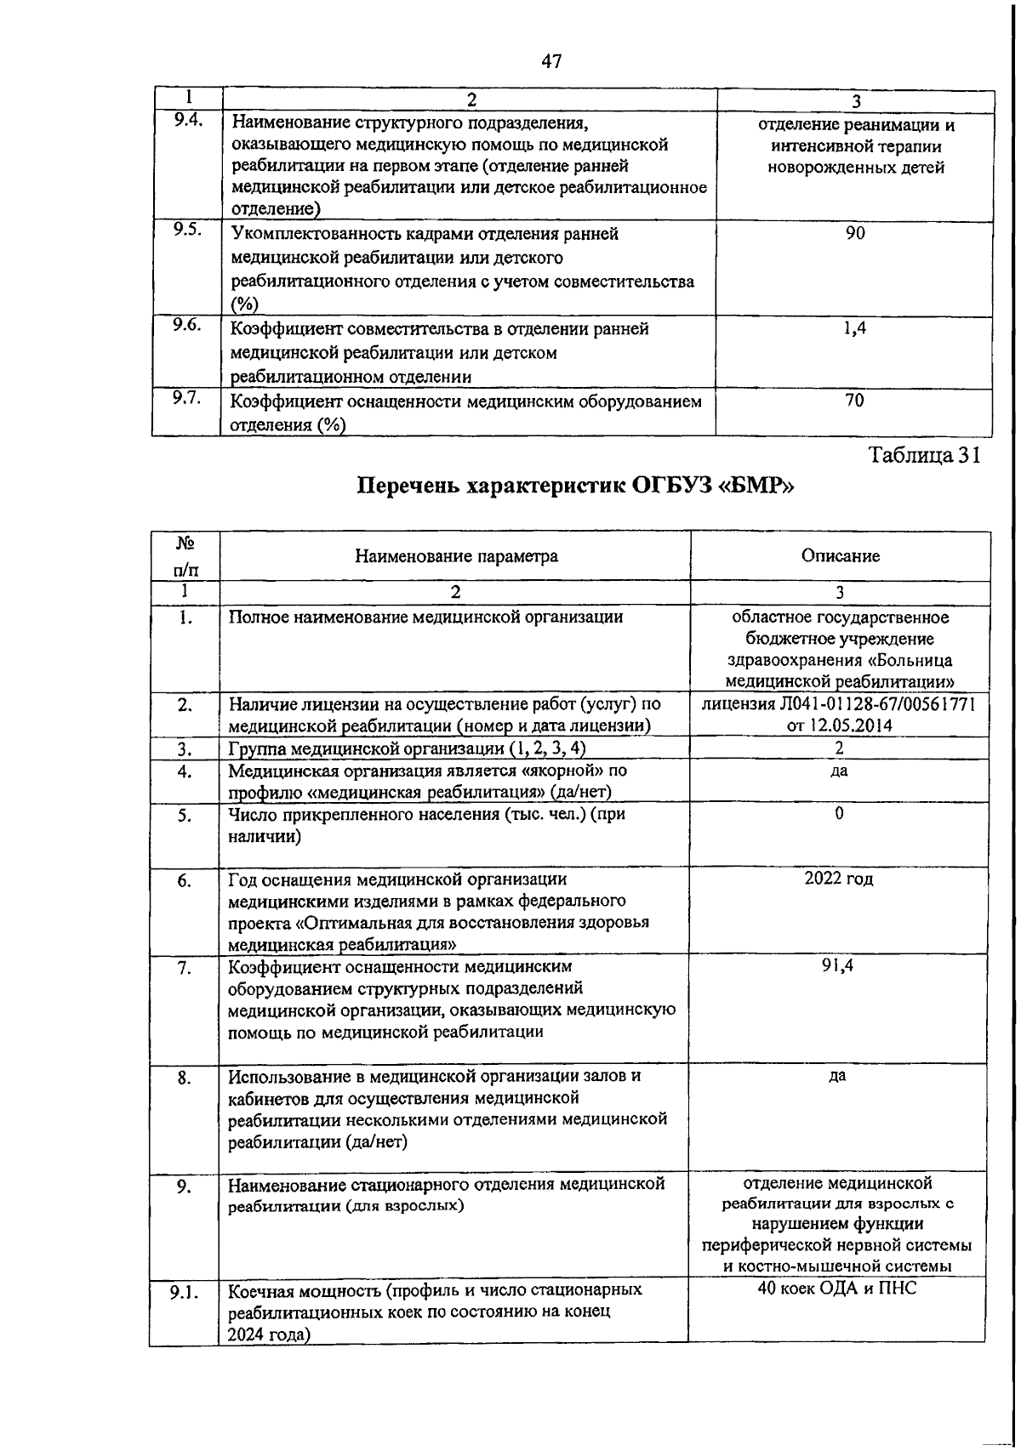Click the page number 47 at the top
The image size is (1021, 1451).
pos(551,61)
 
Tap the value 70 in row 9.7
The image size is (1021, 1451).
pos(855,401)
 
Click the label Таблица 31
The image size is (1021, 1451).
pos(925,455)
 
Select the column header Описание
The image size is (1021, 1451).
pos(840,556)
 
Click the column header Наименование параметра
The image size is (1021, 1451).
pos(456,556)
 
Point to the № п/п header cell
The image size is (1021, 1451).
pos(185,556)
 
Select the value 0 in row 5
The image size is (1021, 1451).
pos(839,814)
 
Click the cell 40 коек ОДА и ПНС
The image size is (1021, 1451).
pos(837,1289)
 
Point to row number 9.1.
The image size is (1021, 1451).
pos(184,1294)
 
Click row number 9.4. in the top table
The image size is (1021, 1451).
pos(187,120)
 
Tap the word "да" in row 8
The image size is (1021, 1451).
pos(837,1076)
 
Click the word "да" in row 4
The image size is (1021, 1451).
pos(839,771)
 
